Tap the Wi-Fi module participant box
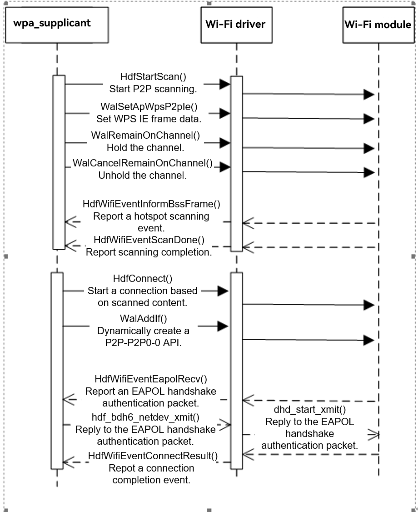(x=378, y=24)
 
